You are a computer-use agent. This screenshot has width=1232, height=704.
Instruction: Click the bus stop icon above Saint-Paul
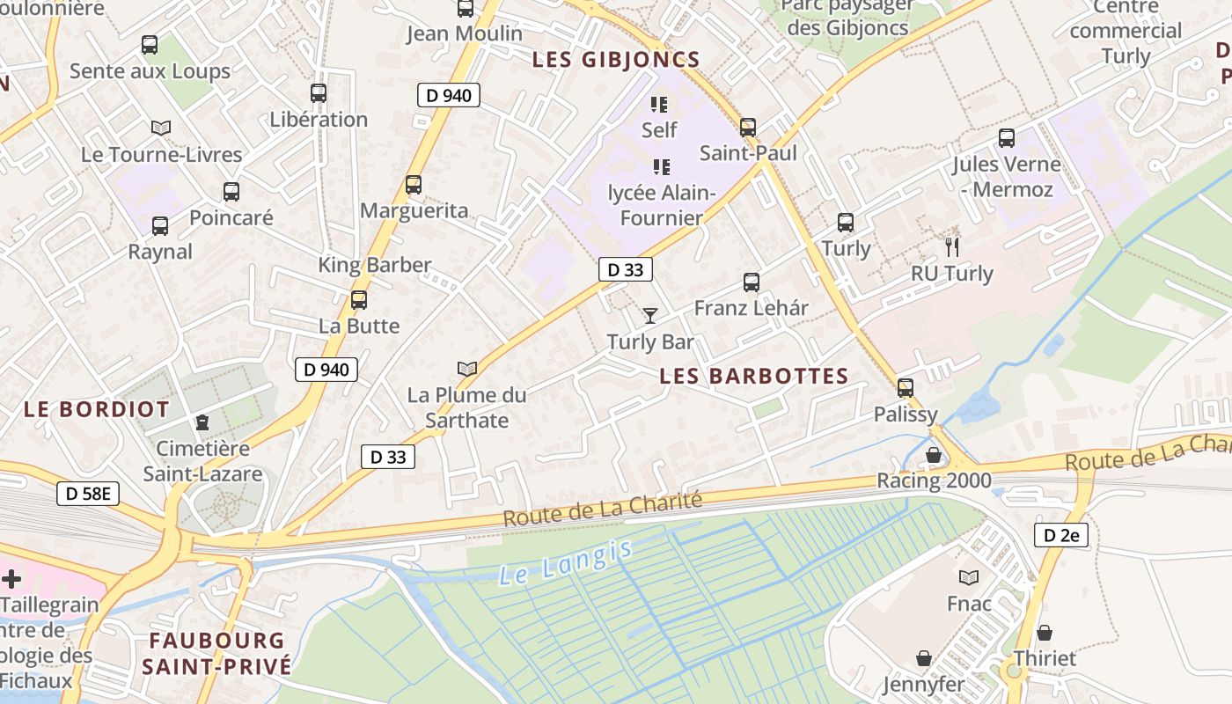point(747,128)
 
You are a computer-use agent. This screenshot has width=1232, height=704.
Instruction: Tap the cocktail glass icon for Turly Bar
point(650,316)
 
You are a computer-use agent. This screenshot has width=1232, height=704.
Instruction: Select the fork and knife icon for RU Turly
point(951,246)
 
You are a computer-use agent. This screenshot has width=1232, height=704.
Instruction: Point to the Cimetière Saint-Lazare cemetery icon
point(202,422)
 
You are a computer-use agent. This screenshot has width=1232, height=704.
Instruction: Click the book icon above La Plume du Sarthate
point(467,369)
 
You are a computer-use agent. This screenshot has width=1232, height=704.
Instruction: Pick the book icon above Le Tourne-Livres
point(160,128)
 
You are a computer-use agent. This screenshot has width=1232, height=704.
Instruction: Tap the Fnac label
point(969,604)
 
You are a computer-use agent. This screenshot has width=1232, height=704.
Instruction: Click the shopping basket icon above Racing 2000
point(934,455)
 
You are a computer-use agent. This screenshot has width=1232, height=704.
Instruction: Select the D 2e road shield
point(1061,534)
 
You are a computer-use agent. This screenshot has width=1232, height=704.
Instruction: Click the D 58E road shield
point(88,494)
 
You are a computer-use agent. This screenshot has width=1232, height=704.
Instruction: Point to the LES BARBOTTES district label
point(754,377)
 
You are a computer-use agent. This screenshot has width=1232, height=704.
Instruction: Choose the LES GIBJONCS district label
point(616,61)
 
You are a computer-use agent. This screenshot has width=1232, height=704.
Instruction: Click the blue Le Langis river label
point(566,563)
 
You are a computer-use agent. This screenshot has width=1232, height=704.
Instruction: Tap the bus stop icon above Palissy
point(906,388)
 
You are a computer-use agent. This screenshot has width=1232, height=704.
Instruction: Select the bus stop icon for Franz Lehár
point(751,282)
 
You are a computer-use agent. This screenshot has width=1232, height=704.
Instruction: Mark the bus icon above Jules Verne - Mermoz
point(1007,138)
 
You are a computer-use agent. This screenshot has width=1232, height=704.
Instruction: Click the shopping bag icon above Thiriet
point(1045,633)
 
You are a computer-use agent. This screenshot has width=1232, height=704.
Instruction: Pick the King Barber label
point(375,265)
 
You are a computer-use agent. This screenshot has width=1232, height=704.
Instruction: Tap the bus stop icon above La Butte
point(359,300)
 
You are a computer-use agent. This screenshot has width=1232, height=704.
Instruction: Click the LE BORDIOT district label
point(97,409)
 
